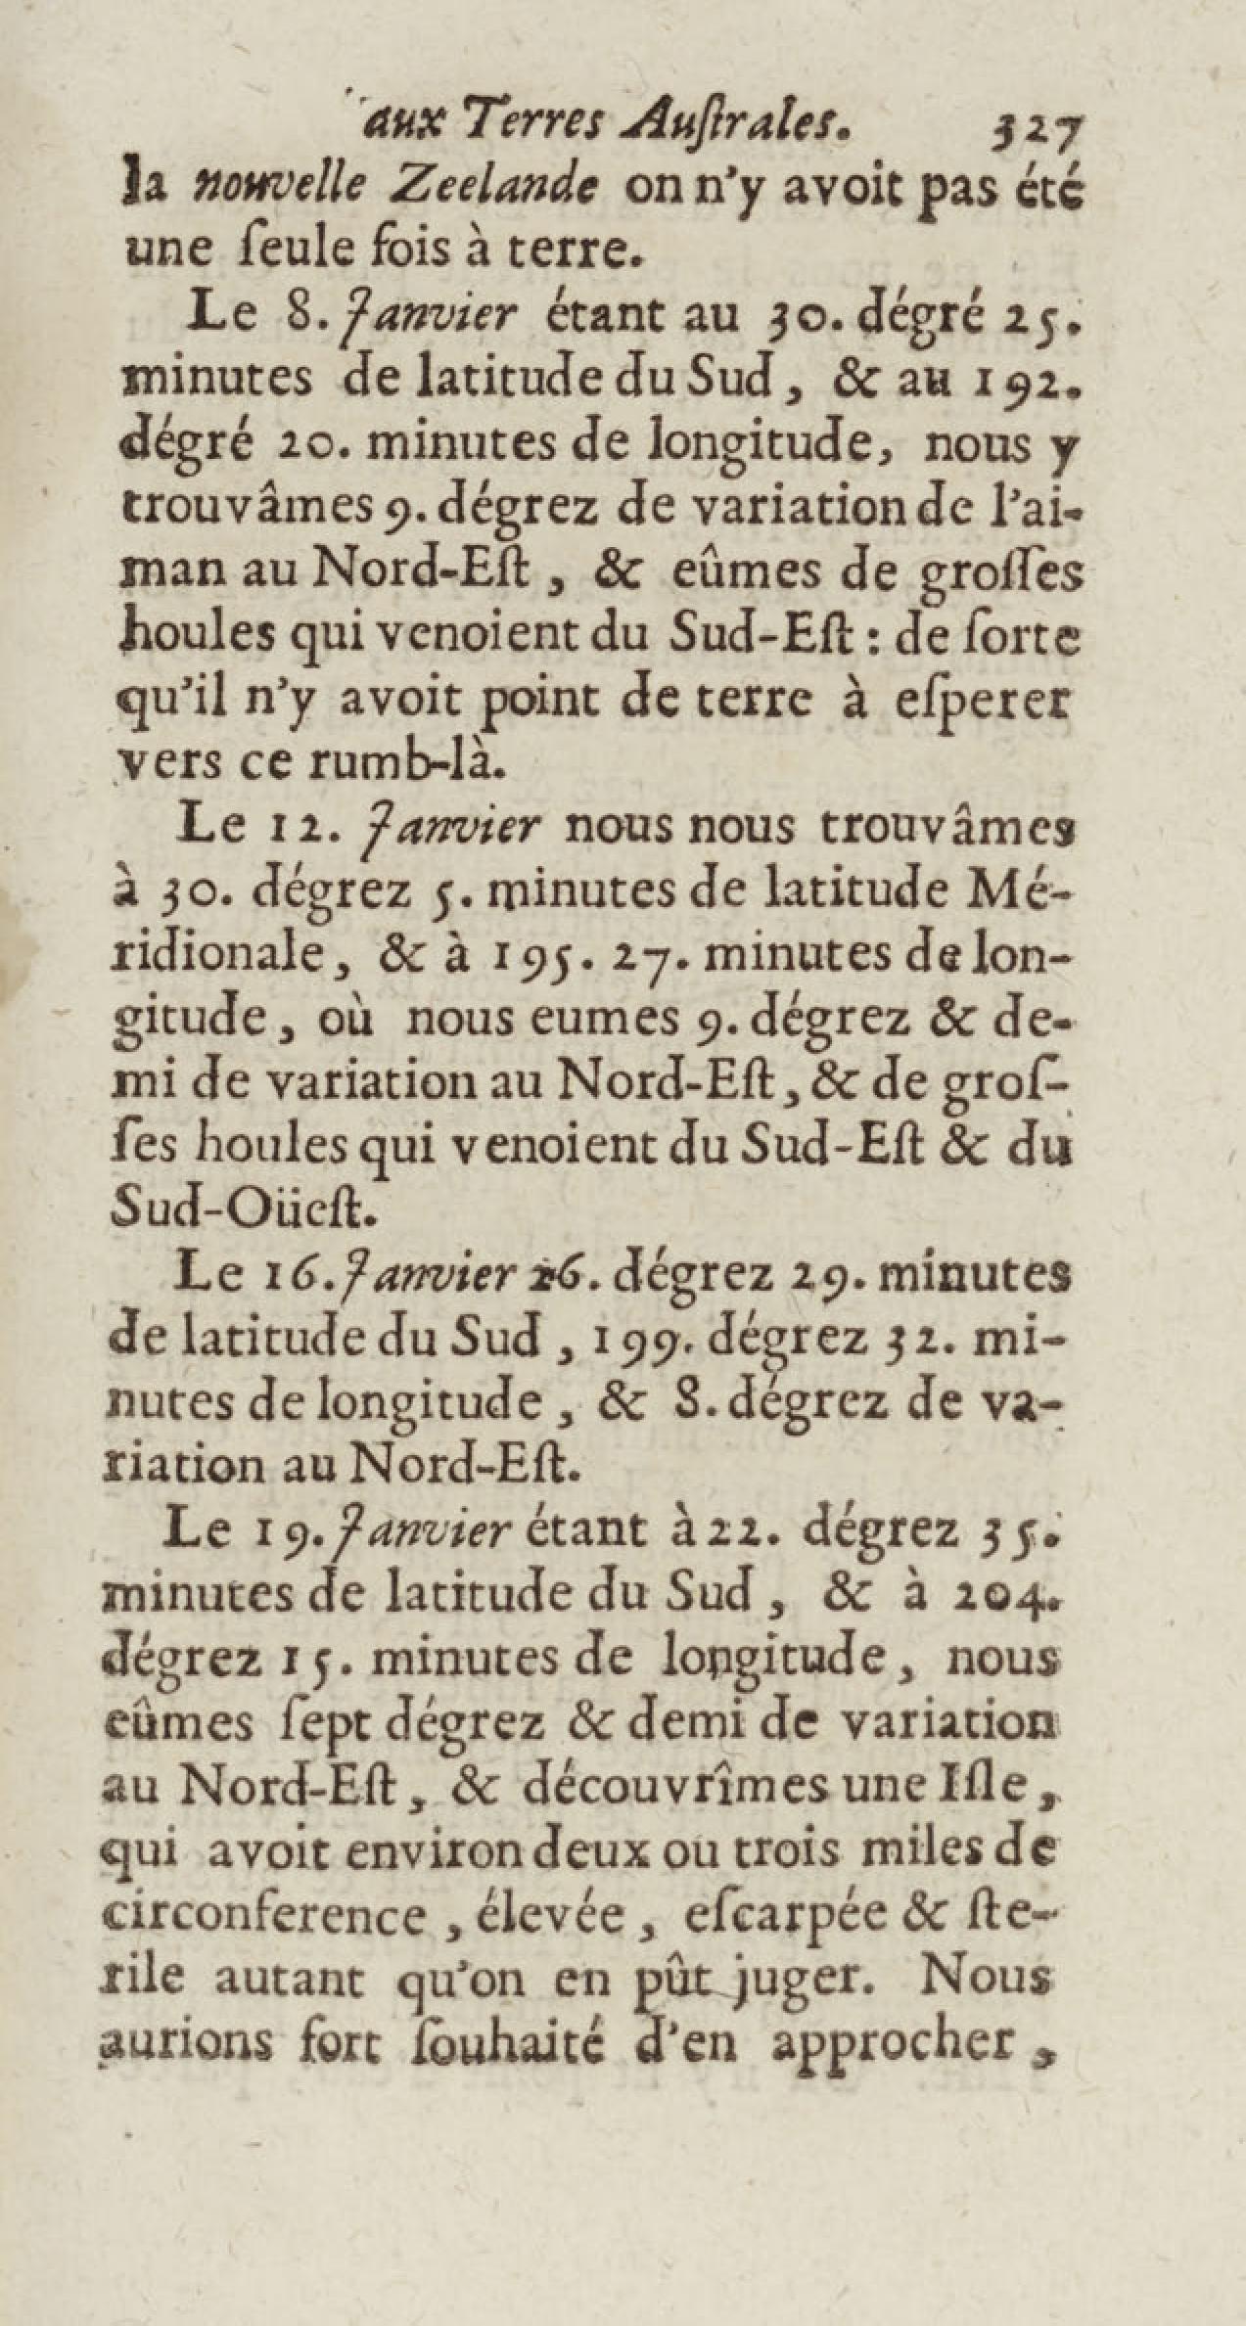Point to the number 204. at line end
click(x=1025, y=1593)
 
